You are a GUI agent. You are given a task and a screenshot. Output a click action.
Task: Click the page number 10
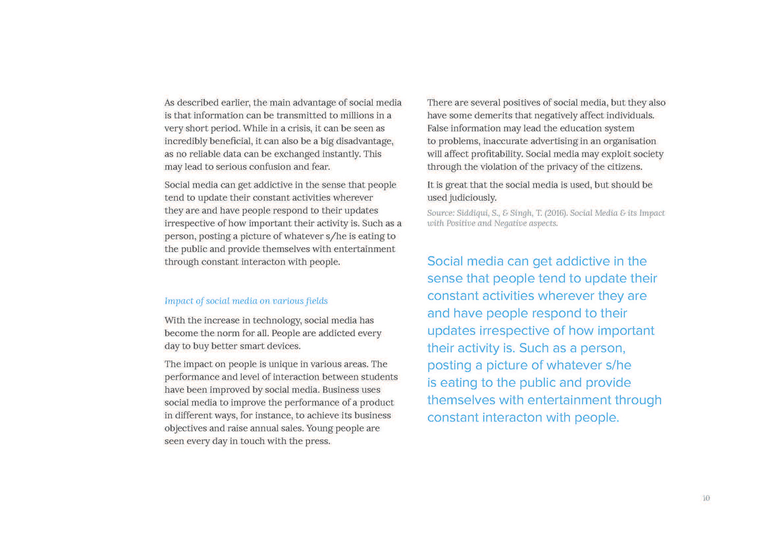(706, 498)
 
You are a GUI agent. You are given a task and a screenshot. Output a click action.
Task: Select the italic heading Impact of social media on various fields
(246, 301)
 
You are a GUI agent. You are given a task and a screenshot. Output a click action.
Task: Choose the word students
(380, 377)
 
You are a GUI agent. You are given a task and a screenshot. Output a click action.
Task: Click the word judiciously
(472, 197)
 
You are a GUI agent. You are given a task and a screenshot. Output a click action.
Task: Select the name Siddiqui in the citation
(473, 213)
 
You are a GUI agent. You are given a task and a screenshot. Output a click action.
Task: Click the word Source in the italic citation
(440, 213)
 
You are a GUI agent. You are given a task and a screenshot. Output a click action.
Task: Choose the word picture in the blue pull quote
(508, 365)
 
